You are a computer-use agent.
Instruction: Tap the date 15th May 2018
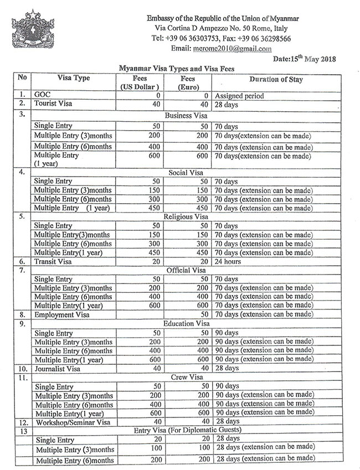click(305, 59)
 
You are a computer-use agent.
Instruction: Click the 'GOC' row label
click(42, 96)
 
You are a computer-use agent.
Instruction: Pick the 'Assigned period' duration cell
click(239, 96)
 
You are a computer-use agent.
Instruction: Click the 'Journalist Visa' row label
click(58, 368)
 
